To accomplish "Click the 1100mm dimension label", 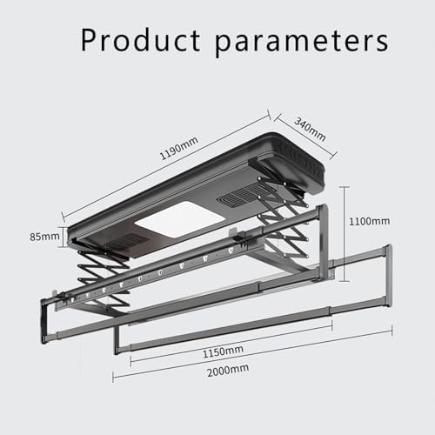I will pyautogui.click(x=371, y=222).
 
